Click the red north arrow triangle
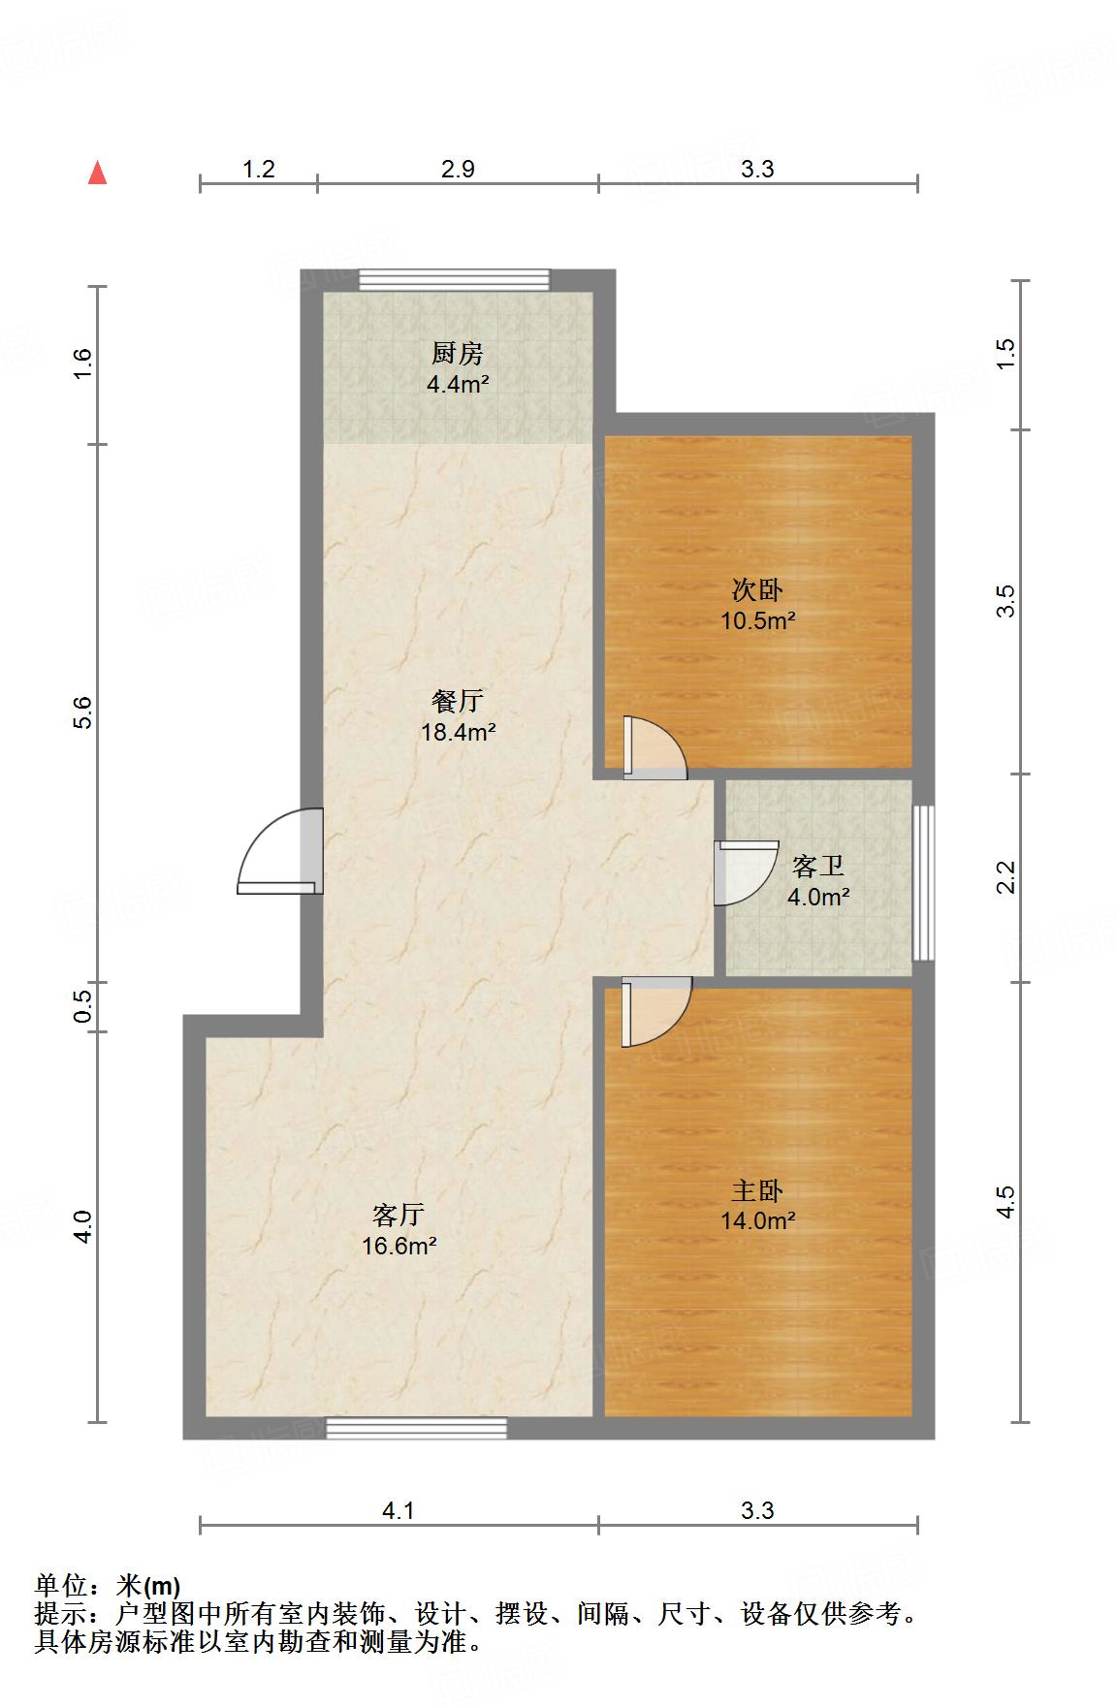pos(97,173)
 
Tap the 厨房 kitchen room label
pos(457,353)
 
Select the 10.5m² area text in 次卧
pos(757,621)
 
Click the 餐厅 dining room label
pos(458,700)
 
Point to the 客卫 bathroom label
pos(817,866)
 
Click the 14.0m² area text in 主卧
pos(757,1221)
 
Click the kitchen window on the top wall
pos(454,280)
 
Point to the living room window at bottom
pos(416,1427)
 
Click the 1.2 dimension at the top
pos(258,170)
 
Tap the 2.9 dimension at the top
pos(458,170)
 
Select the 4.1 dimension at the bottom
pos(399,1510)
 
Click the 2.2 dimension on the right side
pos(1006,877)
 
